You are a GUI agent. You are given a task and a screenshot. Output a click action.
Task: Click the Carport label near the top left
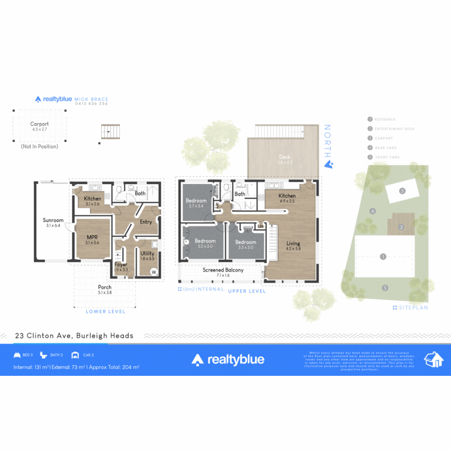(x=39, y=124)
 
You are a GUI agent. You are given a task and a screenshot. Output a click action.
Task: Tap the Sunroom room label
(x=53, y=220)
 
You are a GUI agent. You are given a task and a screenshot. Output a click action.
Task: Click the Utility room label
(x=147, y=253)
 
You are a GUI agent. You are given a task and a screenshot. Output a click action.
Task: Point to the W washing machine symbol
(x=154, y=272)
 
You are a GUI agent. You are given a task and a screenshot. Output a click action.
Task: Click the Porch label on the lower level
(x=105, y=287)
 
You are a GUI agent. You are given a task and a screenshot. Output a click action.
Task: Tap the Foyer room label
(x=121, y=264)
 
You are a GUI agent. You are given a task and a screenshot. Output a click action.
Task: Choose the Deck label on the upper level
(x=285, y=157)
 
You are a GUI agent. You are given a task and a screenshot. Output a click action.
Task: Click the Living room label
(x=293, y=243)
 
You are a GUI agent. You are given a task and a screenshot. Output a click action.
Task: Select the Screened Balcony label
(x=223, y=270)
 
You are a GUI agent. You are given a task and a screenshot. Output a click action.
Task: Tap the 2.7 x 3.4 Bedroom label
(x=196, y=201)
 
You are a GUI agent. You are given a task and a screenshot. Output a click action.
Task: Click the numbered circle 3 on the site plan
(x=402, y=191)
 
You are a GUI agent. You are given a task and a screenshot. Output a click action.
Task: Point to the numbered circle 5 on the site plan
(x=385, y=287)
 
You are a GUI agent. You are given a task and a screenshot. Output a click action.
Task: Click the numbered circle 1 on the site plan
(x=383, y=257)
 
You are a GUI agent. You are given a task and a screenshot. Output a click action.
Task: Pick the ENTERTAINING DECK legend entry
(x=395, y=129)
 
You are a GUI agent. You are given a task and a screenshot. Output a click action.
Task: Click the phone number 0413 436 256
(x=91, y=104)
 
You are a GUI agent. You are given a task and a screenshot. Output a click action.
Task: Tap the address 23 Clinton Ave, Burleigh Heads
(x=74, y=335)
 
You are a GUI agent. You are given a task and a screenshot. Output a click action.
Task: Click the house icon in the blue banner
(x=433, y=359)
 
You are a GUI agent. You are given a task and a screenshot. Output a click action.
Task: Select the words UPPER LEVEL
(x=247, y=291)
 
